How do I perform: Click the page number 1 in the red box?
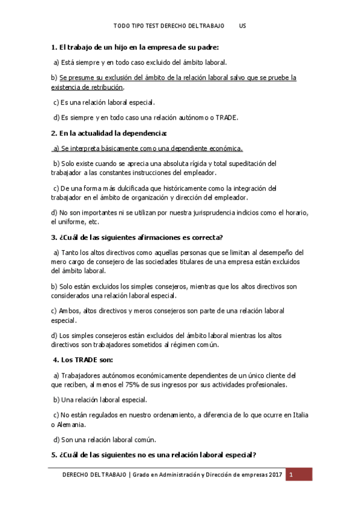point(291,475)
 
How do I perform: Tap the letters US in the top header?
point(242,26)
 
